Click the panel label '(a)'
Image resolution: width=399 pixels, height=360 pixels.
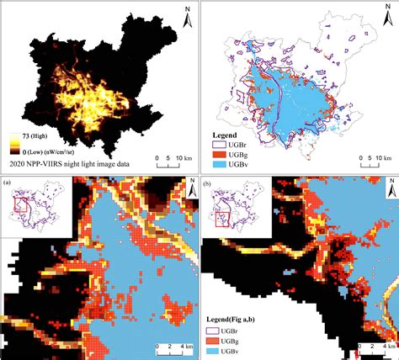click(8, 183)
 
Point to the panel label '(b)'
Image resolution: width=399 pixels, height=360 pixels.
click(207, 183)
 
